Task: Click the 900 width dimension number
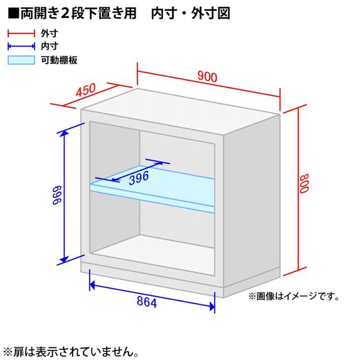207,76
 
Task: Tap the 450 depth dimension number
86,90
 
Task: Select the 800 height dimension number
304,184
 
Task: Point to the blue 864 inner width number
147,302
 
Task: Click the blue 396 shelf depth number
139,178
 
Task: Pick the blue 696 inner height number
57,195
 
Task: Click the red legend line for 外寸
22,33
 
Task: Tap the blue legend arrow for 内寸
22,46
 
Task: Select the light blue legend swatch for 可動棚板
22,60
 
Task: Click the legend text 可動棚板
59,60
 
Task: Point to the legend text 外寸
50,33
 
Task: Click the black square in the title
13,13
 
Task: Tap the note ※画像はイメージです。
293,296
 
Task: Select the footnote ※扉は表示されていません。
71,352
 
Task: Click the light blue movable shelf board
152,189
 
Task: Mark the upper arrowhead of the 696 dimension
64,133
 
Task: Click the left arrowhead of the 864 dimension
92,285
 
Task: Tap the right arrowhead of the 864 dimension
212,306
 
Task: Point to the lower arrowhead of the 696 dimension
64,259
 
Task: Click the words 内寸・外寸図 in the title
191,13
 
